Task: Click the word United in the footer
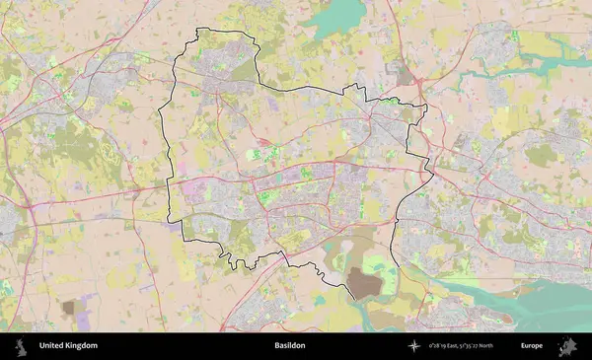pyautogui.click(x=52, y=346)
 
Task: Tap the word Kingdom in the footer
pyautogui.click(x=82, y=346)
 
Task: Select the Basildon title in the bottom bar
pyautogui.click(x=290, y=346)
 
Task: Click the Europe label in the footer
pyautogui.click(x=532, y=346)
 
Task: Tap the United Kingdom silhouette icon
pyautogui.click(x=19, y=346)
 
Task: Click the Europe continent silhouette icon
pyautogui.click(x=567, y=346)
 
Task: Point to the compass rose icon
pyautogui.click(x=414, y=346)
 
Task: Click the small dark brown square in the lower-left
pyautogui.click(x=68, y=308)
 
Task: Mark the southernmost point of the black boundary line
pyautogui.click(x=351, y=298)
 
